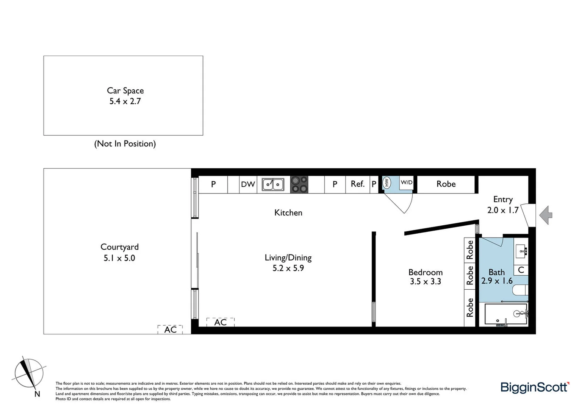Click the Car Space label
pos(125,91)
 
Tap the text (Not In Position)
pos(125,144)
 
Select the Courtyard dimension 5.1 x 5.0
pos(119,258)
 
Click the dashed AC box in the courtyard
pos(170,329)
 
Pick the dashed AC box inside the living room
pos(221,322)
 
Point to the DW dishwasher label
pos(248,184)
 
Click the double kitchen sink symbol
pos(273,184)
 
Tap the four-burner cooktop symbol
pos(299,184)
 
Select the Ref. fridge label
pos(357,184)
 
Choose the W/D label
pos(407,183)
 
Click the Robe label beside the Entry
pos(446,184)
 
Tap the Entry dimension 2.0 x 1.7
pos(503,210)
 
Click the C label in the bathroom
pos(521,270)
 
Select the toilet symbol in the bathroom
pos(520,290)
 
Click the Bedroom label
pos(426,272)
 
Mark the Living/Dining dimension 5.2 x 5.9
pos(288,268)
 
